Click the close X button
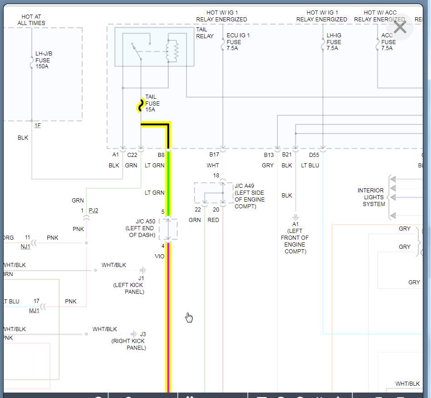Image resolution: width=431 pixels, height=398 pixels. click(x=400, y=27)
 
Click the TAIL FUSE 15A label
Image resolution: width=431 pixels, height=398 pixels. click(x=152, y=103)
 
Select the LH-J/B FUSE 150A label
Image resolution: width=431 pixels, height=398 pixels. click(x=43, y=60)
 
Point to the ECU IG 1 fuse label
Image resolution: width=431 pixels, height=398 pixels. click(x=238, y=42)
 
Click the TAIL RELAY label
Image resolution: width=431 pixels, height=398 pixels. click(x=204, y=33)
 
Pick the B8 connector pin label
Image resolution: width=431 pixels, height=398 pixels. click(x=161, y=155)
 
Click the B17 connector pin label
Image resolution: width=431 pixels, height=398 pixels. click(x=214, y=155)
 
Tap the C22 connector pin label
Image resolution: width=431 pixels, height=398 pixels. click(x=132, y=155)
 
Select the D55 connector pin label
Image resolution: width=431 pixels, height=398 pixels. click(x=314, y=155)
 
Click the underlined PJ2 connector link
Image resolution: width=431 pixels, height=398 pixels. click(x=93, y=211)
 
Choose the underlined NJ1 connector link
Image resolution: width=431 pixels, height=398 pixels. click(x=25, y=247)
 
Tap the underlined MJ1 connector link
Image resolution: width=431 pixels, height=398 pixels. click(x=34, y=311)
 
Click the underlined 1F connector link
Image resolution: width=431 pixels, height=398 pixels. click(x=37, y=126)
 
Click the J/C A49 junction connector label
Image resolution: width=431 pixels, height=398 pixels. click(x=249, y=196)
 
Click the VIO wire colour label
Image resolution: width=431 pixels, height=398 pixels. click(x=160, y=257)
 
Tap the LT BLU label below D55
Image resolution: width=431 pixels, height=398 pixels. click(x=310, y=166)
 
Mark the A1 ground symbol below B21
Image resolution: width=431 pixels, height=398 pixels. click(x=296, y=217)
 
